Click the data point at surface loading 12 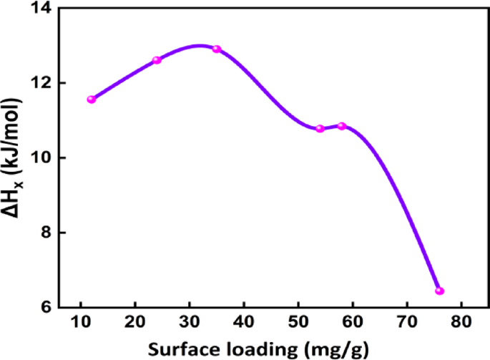[92, 99]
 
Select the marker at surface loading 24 [157, 60]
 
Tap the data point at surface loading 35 [217, 49]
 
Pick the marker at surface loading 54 [320, 129]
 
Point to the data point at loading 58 [342, 126]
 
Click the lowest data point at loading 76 [439, 291]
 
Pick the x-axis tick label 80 [461, 321]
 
